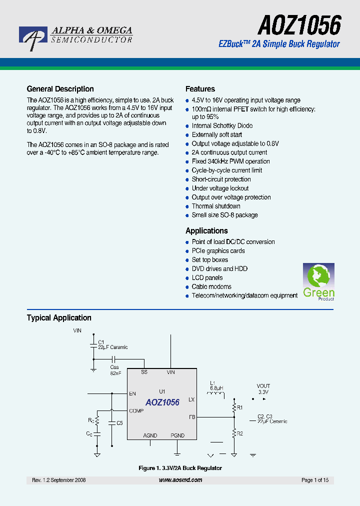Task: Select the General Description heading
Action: [60, 89]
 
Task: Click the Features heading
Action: [200, 89]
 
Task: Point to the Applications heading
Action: [206, 230]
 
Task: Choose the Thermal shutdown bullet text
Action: [216, 206]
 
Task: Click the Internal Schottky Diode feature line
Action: [222, 125]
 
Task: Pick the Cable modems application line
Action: [211, 286]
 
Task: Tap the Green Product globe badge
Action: [318, 281]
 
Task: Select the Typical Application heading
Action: [59, 317]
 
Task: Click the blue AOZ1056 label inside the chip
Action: [162, 402]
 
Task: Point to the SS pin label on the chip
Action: [144, 372]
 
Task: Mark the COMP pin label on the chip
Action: [136, 411]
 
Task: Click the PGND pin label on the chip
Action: [177, 435]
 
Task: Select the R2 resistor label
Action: [240, 433]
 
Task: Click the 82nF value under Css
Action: [115, 373]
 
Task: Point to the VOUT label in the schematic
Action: [263, 386]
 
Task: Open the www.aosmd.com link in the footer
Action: [180, 480]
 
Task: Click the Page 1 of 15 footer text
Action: [315, 480]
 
